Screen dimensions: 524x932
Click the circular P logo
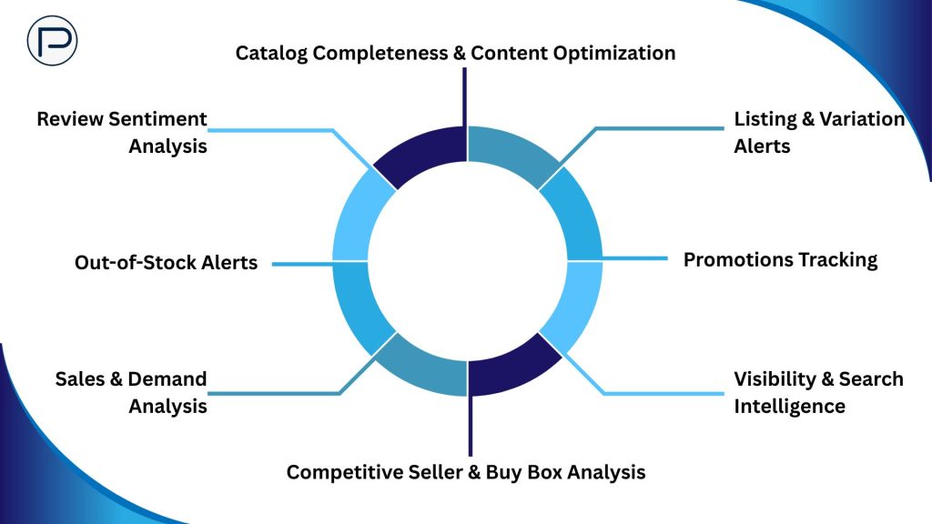point(52,41)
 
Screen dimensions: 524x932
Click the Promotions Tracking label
point(780,259)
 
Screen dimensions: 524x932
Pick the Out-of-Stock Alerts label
point(166,263)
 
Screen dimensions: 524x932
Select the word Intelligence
point(789,406)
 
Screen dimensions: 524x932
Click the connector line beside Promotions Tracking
point(634,259)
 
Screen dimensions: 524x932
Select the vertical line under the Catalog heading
point(465,96)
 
